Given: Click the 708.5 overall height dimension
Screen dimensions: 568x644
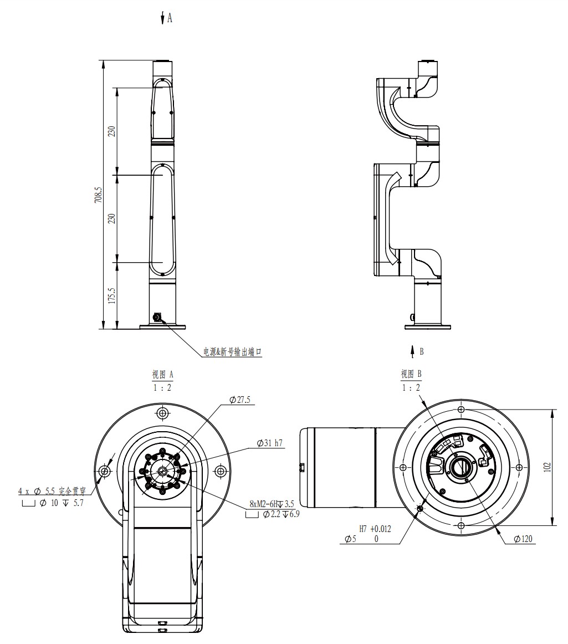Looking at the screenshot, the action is tap(98, 195).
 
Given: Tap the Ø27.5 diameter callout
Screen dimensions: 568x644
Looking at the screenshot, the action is tap(240, 400).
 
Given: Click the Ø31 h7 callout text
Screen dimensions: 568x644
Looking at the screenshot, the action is tap(270, 443).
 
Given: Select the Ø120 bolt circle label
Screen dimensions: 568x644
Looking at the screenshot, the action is tap(523, 539).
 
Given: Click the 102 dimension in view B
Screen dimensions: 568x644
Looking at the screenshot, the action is tap(547, 467).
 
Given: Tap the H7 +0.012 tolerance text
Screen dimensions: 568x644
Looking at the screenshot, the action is tap(375, 529).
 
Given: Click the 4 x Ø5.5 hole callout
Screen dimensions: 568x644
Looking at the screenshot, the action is tap(52, 491).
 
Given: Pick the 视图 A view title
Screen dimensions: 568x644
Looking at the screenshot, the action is tap(162, 375).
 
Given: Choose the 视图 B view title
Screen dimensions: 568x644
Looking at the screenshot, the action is tap(411, 374).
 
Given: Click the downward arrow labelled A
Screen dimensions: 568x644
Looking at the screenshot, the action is tap(162, 18).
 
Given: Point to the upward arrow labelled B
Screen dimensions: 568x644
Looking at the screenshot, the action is tap(412, 352).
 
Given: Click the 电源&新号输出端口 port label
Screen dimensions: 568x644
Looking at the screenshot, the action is tap(232, 352).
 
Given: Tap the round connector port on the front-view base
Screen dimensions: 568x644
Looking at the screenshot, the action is tap(157, 318).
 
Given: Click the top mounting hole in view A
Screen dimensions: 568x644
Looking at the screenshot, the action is tap(163, 413).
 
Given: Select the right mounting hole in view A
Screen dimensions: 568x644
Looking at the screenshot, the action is tap(221, 471).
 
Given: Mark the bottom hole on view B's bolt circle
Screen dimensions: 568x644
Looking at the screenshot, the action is tap(461, 526).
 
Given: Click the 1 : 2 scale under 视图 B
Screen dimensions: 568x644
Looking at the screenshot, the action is tap(411, 388).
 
